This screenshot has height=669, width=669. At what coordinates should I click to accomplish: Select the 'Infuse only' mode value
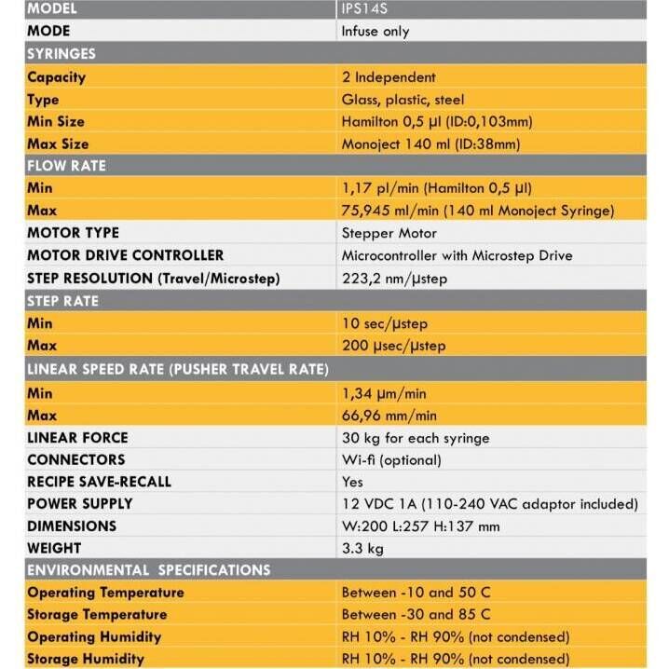tap(375, 32)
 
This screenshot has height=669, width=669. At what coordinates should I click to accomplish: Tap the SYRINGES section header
tap(61, 54)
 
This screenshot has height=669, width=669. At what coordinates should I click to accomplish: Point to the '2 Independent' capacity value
tap(389, 77)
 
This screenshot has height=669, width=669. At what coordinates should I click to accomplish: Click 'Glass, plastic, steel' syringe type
tap(403, 100)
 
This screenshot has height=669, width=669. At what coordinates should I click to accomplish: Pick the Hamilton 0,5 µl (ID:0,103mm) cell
tap(437, 122)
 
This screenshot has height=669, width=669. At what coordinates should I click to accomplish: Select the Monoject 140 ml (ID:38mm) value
tap(430, 144)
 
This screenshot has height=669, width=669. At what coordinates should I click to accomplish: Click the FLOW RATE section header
tap(66, 166)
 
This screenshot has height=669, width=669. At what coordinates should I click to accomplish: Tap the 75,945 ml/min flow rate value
tap(478, 211)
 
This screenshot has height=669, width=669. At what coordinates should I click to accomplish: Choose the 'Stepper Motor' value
tap(389, 233)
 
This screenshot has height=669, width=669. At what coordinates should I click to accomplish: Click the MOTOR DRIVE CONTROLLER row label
tap(125, 255)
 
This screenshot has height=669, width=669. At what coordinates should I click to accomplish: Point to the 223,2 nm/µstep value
tap(394, 279)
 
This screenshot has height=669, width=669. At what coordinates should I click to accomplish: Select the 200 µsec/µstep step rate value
tap(393, 346)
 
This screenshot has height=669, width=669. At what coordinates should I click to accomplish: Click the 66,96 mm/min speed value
tap(389, 416)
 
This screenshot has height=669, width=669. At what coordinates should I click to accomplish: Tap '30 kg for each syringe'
tap(415, 438)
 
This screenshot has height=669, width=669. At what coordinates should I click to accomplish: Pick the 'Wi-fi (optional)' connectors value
tap(391, 460)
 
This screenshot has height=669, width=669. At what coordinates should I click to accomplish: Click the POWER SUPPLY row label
tap(79, 504)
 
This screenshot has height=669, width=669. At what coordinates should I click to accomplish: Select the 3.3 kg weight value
tap(362, 549)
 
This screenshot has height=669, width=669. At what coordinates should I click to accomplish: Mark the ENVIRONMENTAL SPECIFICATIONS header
tap(148, 570)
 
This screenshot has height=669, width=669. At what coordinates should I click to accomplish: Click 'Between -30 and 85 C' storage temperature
tap(416, 615)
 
